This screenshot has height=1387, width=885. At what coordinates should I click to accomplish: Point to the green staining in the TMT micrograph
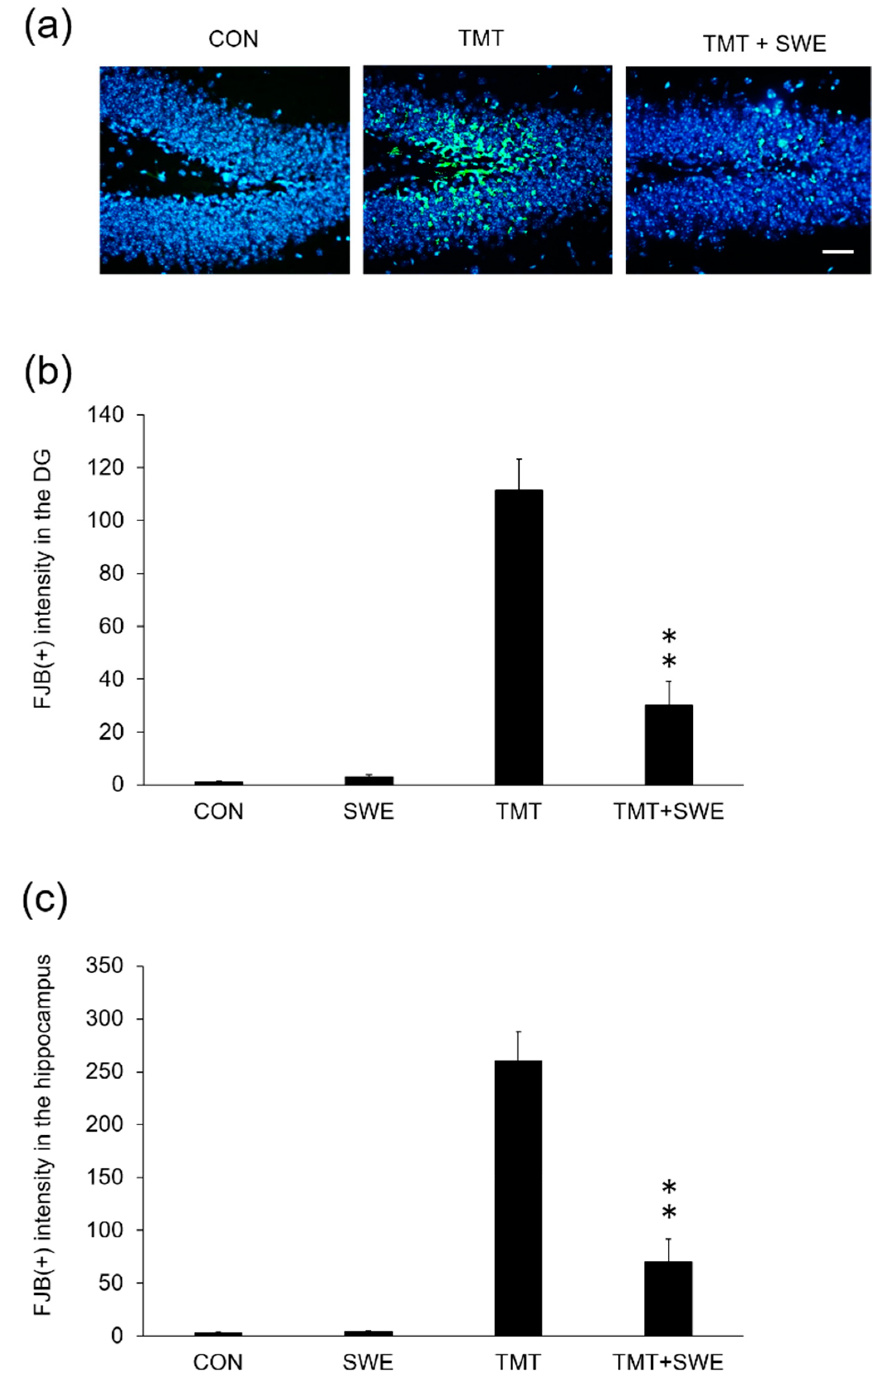click(461, 161)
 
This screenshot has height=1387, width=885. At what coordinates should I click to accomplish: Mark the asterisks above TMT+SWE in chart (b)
click(669, 649)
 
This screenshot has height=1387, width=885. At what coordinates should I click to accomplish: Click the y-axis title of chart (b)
click(43, 579)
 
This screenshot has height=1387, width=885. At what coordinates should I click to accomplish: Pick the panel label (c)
click(45, 900)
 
